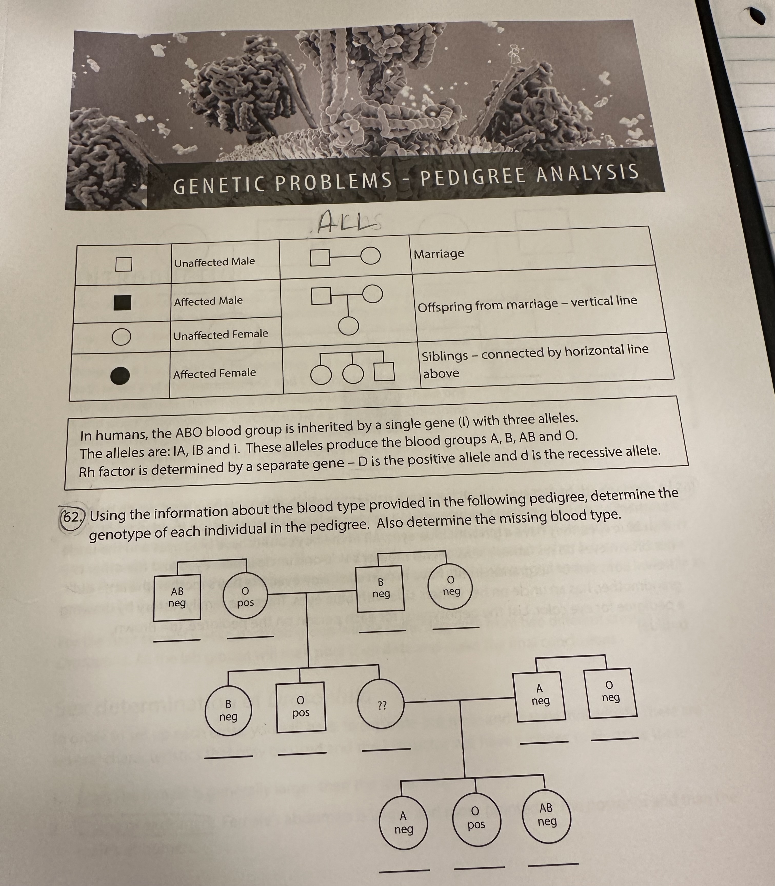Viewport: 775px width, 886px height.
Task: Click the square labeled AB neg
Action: [177, 597]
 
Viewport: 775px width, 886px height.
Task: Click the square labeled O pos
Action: [301, 707]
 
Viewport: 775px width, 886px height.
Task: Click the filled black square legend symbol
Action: [122, 302]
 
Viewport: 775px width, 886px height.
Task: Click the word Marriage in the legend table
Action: [439, 254]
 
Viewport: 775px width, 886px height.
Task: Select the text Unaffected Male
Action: [214, 262]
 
